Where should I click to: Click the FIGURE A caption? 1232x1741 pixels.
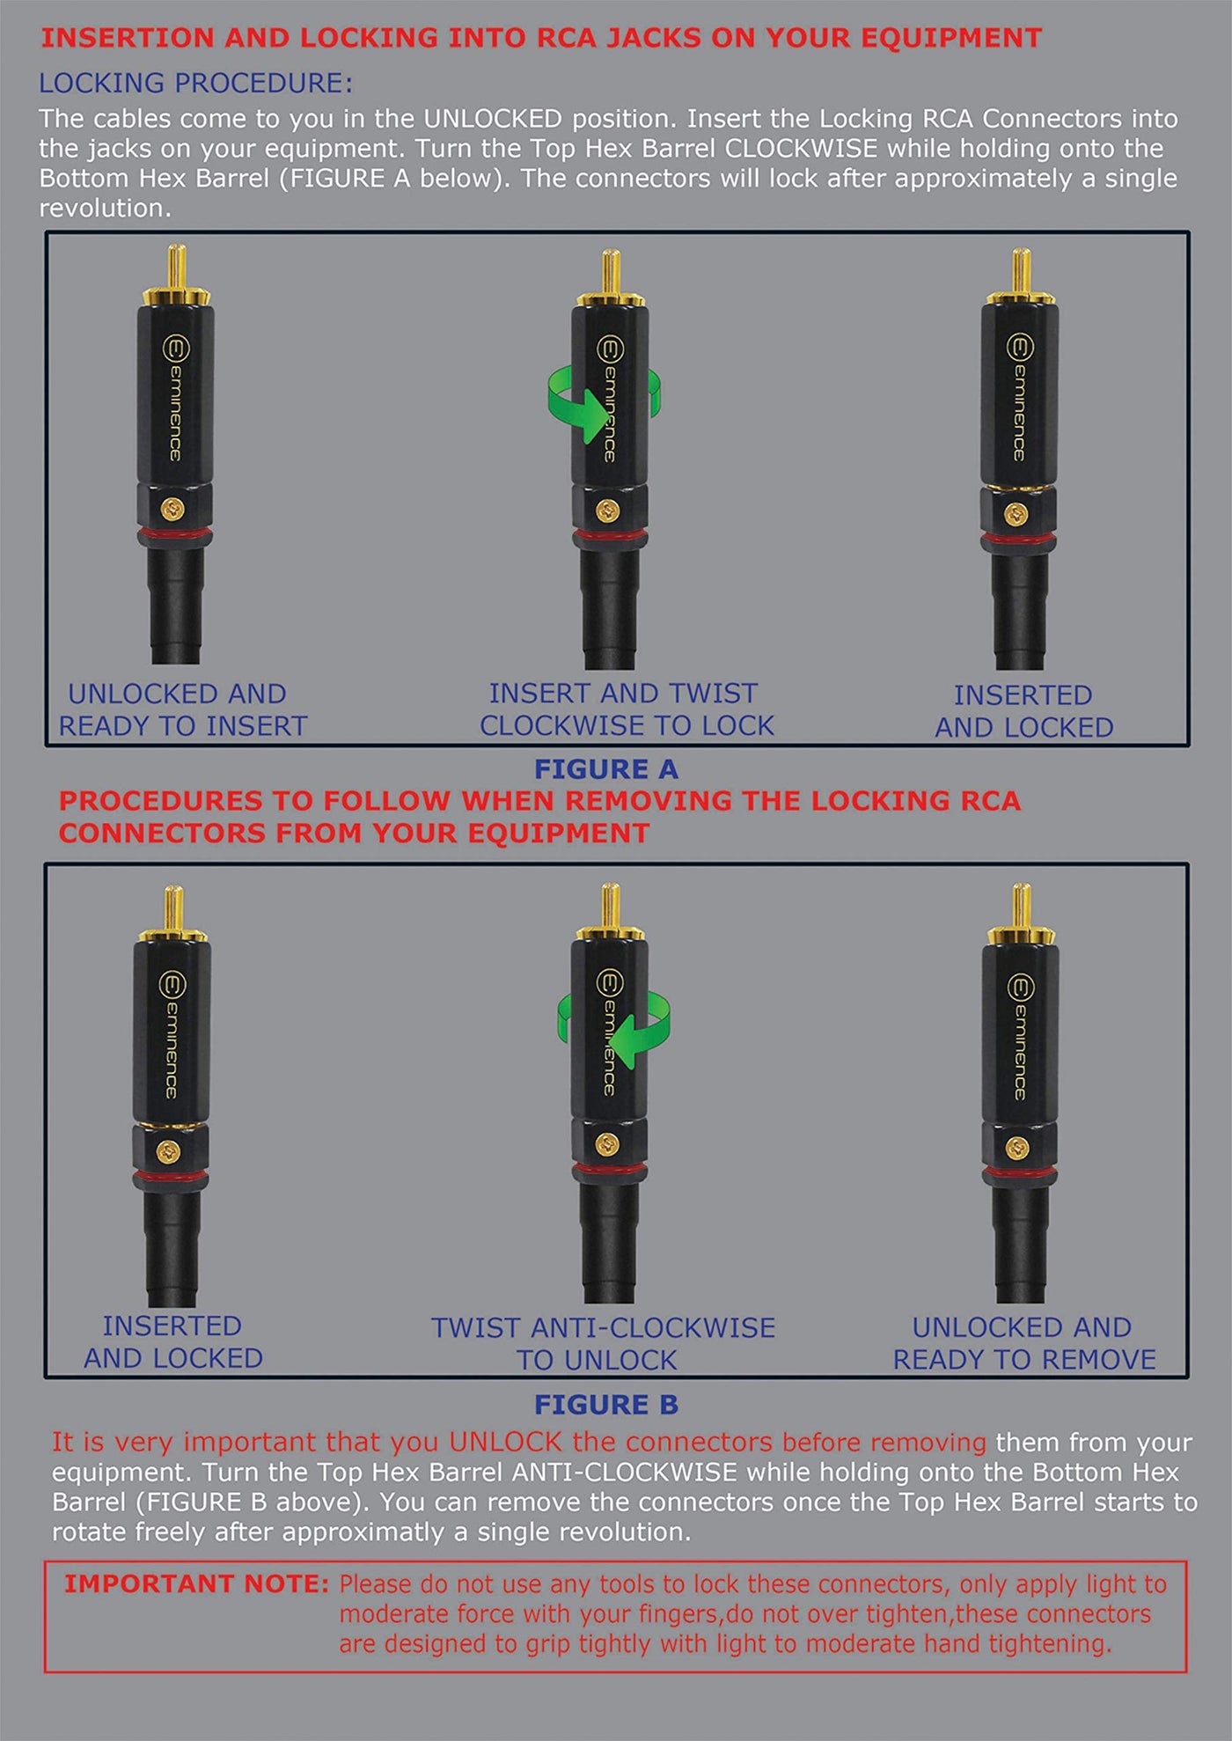tap(606, 769)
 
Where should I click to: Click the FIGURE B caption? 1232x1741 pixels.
tap(606, 1405)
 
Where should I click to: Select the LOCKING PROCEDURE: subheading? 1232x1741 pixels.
tap(195, 84)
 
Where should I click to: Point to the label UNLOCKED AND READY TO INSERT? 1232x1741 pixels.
tap(182, 709)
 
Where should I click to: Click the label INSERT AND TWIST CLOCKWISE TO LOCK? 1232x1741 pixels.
tap(626, 709)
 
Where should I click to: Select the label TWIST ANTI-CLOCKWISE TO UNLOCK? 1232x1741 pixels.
tap(603, 1343)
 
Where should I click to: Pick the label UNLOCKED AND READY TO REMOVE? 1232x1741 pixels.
tap(1024, 1343)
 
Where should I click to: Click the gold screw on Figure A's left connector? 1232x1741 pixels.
tap(173, 508)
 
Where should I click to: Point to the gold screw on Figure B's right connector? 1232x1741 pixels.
tap(1017, 1147)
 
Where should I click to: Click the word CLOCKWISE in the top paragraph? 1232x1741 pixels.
tap(801, 148)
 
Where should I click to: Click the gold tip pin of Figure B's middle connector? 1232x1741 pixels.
tap(609, 906)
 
